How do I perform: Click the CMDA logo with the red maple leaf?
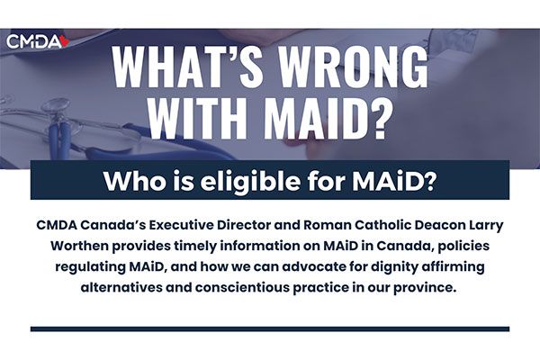(38, 41)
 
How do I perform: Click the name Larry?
(485, 226)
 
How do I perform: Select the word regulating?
(90, 267)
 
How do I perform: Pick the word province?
(425, 288)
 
